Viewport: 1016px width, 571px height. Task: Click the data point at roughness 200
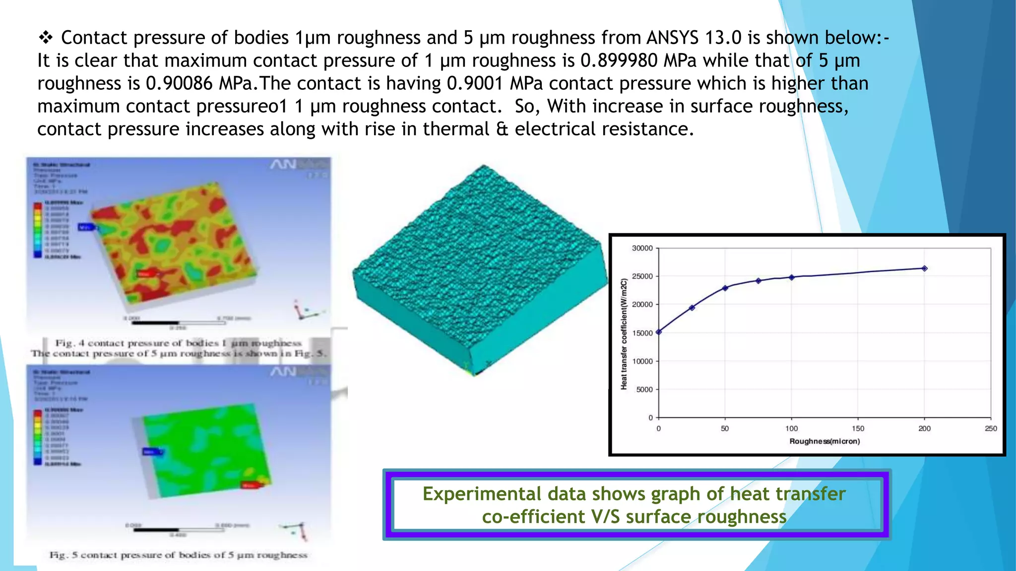click(924, 269)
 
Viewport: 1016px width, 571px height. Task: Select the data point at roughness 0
click(659, 332)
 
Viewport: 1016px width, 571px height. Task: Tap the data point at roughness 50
click(725, 288)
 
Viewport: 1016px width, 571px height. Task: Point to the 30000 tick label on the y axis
click(642, 248)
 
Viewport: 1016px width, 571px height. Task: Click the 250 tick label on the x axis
click(991, 429)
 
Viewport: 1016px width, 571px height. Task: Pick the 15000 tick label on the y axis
click(642, 333)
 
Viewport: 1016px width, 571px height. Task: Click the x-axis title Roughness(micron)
click(825, 441)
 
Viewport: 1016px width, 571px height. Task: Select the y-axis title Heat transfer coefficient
click(624, 334)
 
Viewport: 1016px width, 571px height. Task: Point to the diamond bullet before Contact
click(46, 37)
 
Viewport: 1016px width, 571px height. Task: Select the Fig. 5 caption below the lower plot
click(178, 555)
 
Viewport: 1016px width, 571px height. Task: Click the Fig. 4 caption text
click(178, 343)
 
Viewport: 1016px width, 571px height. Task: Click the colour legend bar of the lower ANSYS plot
click(38, 437)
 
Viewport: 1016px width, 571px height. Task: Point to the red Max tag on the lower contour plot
click(249, 485)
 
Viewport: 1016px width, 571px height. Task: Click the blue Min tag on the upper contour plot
click(85, 227)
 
